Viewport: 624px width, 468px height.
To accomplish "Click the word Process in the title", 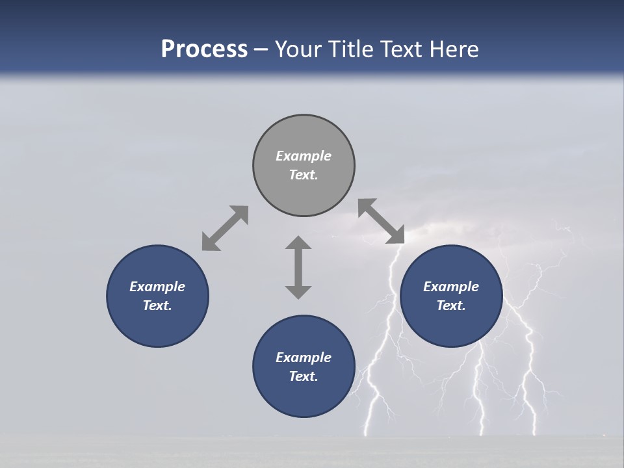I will (204, 49).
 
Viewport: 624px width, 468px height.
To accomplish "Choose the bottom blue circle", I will (304, 396).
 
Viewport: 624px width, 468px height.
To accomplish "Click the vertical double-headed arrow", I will (298, 267).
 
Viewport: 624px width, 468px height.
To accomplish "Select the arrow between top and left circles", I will (225, 228).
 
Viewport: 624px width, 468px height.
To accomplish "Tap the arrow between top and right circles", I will (382, 221).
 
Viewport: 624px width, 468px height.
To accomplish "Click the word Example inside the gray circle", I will (304, 156).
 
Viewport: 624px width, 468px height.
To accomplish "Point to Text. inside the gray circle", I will (304, 175).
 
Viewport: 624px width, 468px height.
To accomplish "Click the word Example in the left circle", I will (157, 287).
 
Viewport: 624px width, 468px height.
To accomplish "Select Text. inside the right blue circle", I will (451, 305).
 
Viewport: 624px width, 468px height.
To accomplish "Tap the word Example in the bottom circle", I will (304, 357).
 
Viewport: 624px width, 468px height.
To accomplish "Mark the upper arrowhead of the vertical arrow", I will (298, 244).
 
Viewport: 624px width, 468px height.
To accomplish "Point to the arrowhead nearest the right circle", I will (396, 235).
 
